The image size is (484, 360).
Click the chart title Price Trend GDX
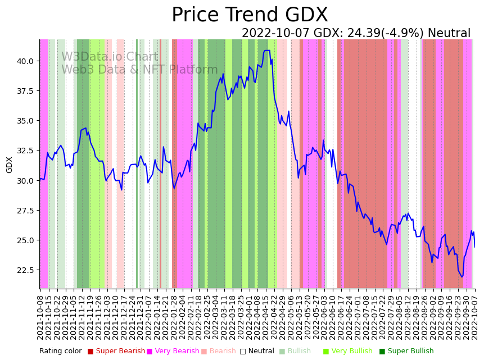pyautogui.click(x=250, y=15)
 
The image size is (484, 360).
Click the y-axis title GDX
pyautogui.click(x=10, y=165)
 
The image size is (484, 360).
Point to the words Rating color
pyautogui.click(x=60, y=352)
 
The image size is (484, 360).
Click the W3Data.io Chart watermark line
pyautogui.click(x=110, y=57)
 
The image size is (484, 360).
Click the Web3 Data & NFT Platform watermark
pyautogui.click(x=139, y=70)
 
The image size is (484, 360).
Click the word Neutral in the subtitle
pyautogui.click(x=449, y=34)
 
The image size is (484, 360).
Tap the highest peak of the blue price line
pyautogui.click(x=266, y=51)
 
